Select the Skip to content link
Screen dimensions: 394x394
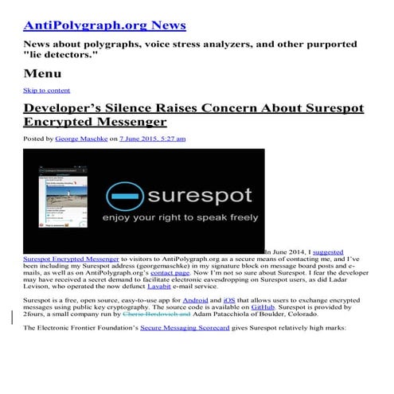point(46,90)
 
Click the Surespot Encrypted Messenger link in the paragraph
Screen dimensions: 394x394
point(71,259)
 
